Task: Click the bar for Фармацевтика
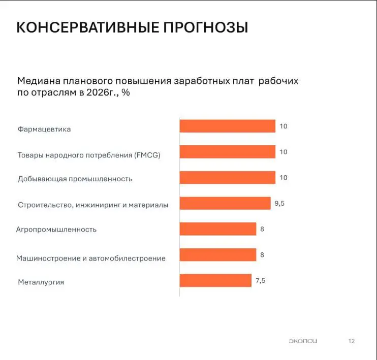tap(227, 126)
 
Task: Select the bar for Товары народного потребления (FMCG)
tap(227, 152)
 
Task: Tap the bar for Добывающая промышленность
tap(227, 177)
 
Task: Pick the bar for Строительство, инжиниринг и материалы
tap(225, 203)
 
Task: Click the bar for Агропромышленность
tap(217, 229)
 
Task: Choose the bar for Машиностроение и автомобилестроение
tap(217, 254)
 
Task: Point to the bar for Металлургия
tap(215, 280)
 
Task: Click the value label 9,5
tap(280, 203)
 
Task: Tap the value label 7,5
tap(260, 280)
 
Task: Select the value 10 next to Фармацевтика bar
tap(284, 126)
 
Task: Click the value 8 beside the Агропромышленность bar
tap(262, 229)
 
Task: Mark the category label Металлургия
tap(41, 282)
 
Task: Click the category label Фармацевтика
tap(44, 129)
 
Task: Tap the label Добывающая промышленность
tap(75, 179)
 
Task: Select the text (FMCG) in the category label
tap(148, 155)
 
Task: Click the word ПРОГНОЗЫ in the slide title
tap(205, 27)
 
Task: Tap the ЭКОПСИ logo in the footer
tap(302, 341)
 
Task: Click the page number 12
tap(352, 341)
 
